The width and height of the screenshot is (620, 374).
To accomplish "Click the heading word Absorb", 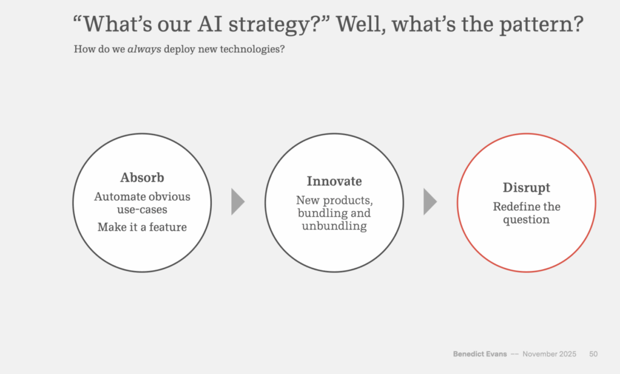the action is coord(142,178).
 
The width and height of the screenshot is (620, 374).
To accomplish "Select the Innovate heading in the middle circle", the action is coord(334,181).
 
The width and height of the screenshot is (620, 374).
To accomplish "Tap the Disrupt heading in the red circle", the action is coord(526,187).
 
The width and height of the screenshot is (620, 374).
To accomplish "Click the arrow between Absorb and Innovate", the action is coord(237,202).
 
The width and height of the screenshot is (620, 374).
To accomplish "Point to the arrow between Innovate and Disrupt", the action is coord(430,202).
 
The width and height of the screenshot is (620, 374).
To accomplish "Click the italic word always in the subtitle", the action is coord(144,49).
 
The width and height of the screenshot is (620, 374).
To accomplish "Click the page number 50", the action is coord(593,354).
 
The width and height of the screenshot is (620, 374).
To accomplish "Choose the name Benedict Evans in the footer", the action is coord(480,354).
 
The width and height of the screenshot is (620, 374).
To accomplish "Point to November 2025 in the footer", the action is coord(549,354).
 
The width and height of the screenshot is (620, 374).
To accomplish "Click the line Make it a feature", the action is coord(142,227).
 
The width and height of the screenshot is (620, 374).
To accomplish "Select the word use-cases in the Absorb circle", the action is coord(142,209).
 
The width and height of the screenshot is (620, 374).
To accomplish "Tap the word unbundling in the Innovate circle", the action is coord(334,225).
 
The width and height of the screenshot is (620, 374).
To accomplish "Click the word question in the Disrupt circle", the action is coord(526,219).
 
